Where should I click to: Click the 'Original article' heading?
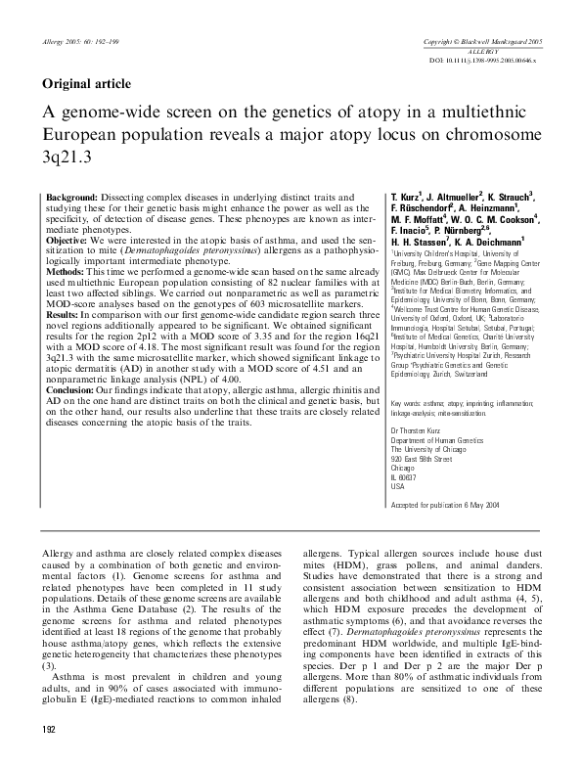tap(86, 83)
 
